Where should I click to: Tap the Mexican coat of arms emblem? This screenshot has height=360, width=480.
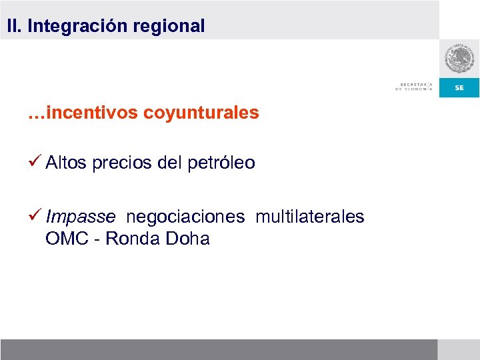(459, 59)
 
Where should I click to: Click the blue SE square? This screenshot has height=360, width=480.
(459, 87)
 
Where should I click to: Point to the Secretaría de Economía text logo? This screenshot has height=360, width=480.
(414, 87)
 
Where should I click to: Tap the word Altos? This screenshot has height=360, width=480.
(66, 163)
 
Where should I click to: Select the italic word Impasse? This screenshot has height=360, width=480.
(81, 217)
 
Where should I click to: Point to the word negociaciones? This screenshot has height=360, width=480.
(186, 217)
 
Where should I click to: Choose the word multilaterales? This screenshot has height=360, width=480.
(310, 217)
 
